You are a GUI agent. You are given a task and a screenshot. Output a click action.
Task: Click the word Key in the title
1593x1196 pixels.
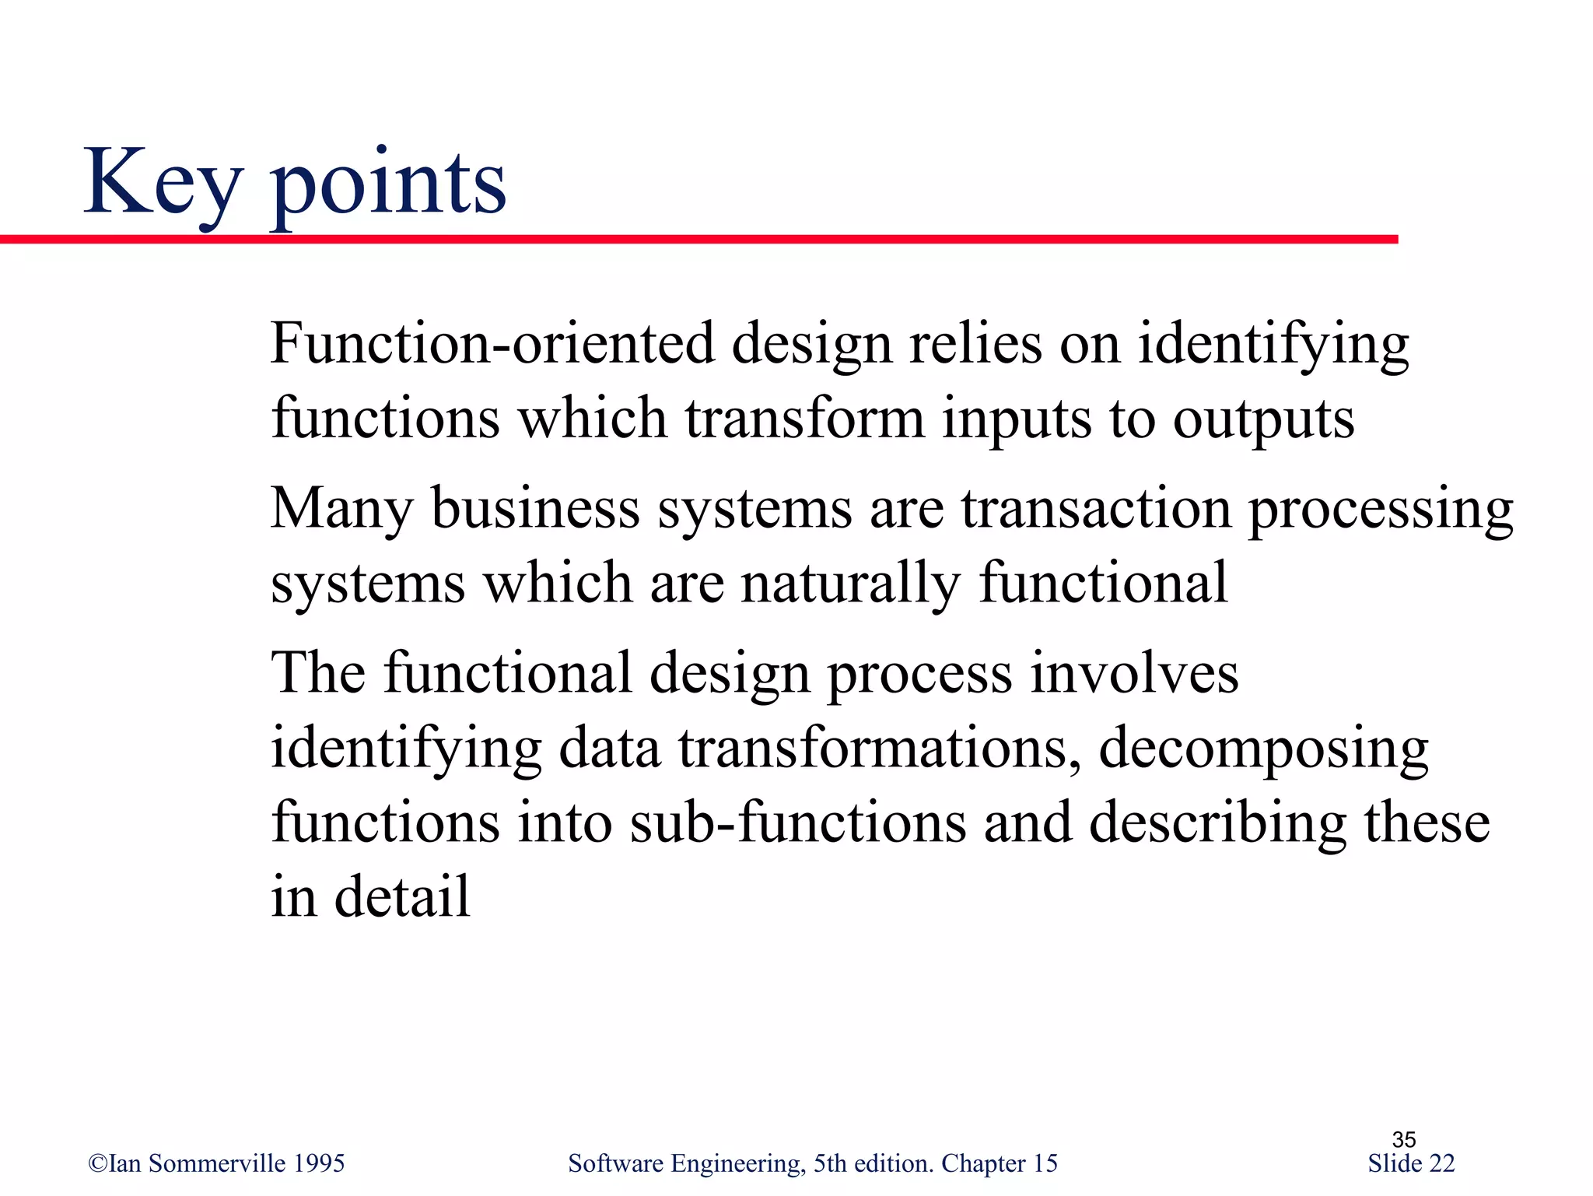(163, 183)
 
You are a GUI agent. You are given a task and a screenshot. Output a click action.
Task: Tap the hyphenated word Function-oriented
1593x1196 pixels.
(492, 343)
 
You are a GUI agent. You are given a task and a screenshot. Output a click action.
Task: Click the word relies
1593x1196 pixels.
(975, 343)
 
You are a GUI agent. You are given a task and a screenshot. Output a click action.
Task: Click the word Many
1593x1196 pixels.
(341, 508)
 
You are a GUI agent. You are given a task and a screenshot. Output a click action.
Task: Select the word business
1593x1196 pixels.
(535, 508)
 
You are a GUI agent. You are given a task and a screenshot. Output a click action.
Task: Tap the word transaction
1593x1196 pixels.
(1096, 508)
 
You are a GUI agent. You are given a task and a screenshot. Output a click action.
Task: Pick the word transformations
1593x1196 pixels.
(879, 748)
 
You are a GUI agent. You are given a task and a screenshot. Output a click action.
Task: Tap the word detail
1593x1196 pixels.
(402, 896)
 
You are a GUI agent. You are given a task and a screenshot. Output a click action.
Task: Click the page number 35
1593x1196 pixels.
(1403, 1139)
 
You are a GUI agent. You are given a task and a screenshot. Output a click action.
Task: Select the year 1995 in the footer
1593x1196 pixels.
(320, 1163)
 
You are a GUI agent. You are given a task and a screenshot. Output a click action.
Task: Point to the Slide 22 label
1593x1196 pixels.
(1410, 1163)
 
